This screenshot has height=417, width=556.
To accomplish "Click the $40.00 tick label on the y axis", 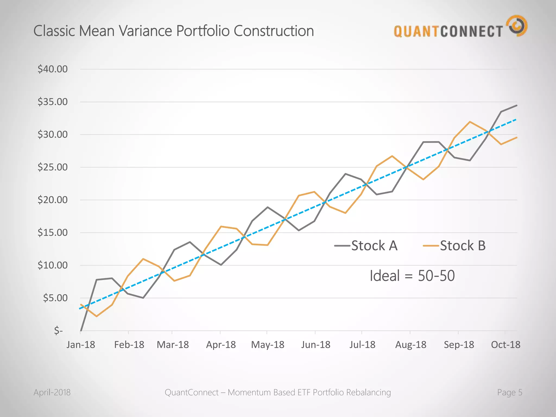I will tap(53, 69).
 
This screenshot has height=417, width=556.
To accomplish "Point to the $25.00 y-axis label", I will tap(53, 167).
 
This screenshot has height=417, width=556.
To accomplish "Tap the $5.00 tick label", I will tap(55, 298).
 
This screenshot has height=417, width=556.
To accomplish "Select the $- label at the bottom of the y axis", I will tap(58, 330).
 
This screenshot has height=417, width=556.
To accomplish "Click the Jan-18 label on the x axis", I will tap(81, 345).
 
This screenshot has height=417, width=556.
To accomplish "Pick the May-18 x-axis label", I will tap(267, 345).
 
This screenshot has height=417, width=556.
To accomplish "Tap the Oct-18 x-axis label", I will tap(506, 345).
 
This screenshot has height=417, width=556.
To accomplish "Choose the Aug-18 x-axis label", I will tap(410, 345).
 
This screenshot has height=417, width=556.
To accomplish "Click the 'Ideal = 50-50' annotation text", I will tap(412, 276).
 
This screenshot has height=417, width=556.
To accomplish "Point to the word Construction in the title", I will tap(273, 31).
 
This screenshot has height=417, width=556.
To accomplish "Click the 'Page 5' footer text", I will tap(510, 392).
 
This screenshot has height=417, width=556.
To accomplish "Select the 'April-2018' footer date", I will tap(52, 392).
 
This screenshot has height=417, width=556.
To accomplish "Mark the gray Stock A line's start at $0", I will tap(81, 330).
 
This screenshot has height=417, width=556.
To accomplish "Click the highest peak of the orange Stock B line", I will tap(470, 122).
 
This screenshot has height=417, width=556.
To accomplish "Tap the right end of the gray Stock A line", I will tap(516, 105).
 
